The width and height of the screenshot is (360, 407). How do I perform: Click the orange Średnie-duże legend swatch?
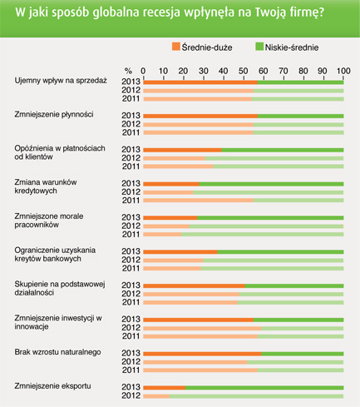175,47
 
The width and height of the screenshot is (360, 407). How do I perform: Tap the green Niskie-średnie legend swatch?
259,47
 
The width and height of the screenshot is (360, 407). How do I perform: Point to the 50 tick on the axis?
243,71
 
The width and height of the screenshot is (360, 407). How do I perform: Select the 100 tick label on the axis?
343,71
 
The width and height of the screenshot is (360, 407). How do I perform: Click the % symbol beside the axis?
128,71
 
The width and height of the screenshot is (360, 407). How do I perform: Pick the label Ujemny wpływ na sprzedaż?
61,81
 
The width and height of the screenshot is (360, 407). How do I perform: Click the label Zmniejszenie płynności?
54,115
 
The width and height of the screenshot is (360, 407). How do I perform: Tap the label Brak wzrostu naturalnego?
57,352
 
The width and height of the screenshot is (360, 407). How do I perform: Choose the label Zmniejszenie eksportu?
52,386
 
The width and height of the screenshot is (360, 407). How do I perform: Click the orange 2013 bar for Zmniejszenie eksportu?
164,388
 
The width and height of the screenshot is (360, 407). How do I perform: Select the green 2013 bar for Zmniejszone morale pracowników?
270,218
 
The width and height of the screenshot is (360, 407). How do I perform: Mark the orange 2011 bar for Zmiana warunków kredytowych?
199,201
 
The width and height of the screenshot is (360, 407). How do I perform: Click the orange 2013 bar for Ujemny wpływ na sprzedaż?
200,82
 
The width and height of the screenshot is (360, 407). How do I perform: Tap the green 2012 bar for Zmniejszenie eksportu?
256,396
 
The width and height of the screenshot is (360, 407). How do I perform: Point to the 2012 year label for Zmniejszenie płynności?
131,124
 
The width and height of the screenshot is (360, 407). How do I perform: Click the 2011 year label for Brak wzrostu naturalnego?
131,370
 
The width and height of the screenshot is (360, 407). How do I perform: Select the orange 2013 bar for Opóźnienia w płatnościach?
182,150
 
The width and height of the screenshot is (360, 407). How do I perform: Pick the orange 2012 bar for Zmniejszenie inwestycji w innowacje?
202,329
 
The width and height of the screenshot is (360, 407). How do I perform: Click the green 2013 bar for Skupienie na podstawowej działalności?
294,285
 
